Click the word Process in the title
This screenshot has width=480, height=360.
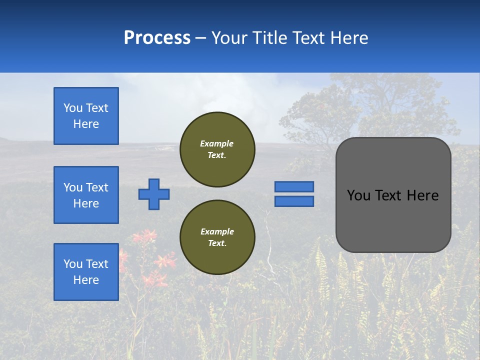[157, 38]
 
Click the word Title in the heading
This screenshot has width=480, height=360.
[269, 38]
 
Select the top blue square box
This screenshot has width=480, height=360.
[86, 116]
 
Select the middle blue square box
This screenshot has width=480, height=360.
[86, 195]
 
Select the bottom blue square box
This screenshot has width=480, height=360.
[86, 272]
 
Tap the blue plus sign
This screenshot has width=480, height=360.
[154, 194]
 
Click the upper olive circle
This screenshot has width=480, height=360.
[217, 149]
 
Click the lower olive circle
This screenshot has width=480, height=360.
[217, 237]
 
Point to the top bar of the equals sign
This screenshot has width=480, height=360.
[294, 187]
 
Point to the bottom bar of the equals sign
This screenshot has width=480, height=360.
[294, 201]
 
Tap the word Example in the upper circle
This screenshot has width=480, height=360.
[217, 143]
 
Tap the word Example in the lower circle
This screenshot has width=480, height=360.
[217, 231]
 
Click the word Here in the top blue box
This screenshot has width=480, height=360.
[86, 124]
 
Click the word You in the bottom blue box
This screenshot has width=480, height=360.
[73, 264]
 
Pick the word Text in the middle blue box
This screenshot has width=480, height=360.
[97, 187]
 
